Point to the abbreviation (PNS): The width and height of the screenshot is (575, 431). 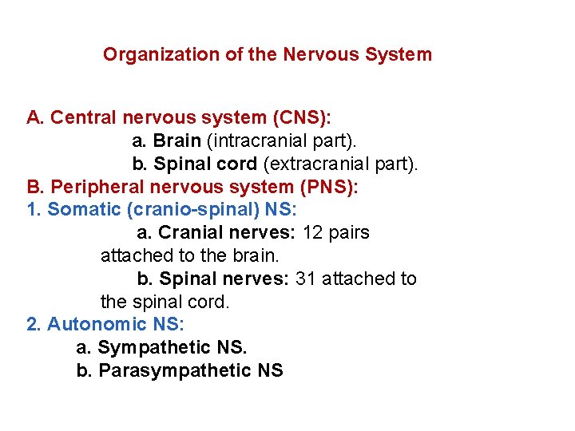coord(330,187)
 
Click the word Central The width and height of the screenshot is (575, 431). coord(84,118)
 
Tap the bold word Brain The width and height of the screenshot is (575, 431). coord(176,141)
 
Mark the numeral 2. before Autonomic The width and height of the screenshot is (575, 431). coord(34,325)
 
